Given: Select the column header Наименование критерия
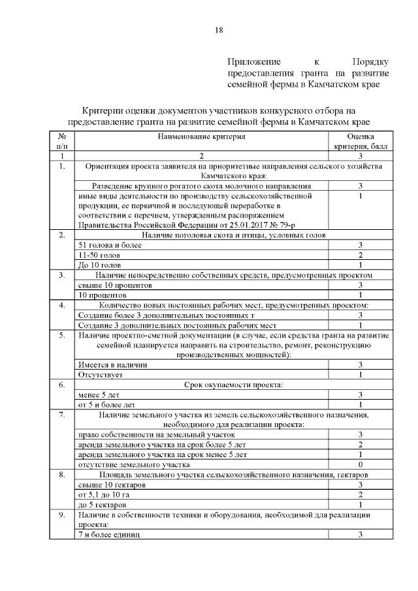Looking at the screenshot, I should click(201, 136).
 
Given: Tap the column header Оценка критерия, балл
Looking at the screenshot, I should click(360, 142).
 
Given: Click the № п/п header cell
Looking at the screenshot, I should click(62, 142).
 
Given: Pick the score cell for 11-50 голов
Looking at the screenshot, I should click(360, 255).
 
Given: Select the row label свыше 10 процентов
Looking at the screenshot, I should click(114, 285).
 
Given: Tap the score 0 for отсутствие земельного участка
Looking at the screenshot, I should click(360, 464).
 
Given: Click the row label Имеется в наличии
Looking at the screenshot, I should click(112, 364).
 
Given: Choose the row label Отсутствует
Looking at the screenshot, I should click(101, 375).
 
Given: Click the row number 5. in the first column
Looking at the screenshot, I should click(62, 335).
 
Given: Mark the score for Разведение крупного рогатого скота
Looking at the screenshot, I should click(360, 186).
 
